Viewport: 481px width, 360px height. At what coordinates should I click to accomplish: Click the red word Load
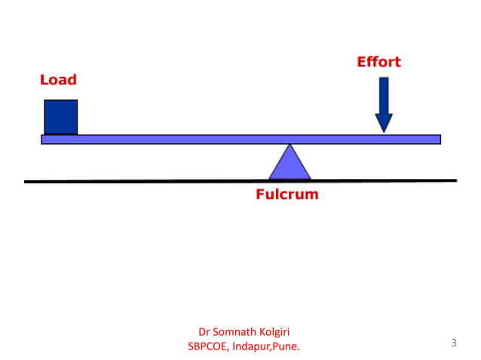point(58,80)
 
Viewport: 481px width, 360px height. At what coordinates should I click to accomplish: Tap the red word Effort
point(378,62)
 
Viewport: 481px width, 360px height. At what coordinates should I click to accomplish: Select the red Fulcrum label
point(286,194)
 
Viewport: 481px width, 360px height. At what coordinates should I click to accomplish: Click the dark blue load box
point(60,117)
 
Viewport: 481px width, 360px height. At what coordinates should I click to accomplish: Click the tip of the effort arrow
point(384,131)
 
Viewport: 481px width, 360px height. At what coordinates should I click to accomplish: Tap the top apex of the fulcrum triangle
point(290,145)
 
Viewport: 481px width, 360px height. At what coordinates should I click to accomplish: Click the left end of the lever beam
point(43,139)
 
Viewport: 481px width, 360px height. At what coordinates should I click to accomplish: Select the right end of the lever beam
point(438,139)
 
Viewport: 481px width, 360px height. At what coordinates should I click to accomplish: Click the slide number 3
point(454,343)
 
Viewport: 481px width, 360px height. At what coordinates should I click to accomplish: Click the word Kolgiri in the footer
point(274,331)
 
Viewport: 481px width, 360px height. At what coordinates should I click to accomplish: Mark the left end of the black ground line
point(26,181)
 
